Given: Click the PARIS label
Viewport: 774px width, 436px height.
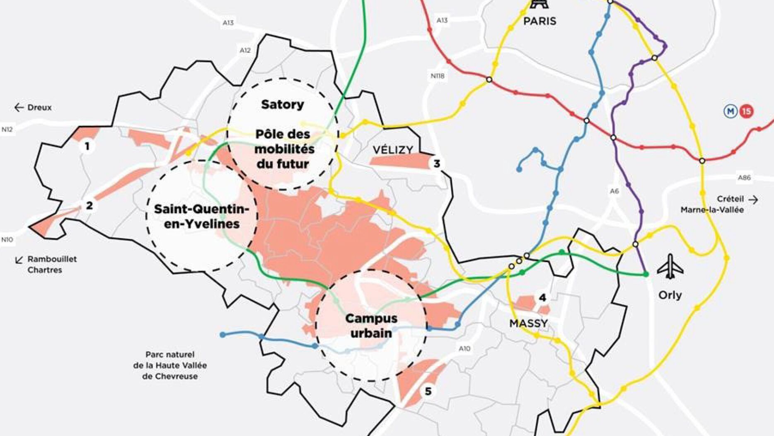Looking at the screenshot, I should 539,21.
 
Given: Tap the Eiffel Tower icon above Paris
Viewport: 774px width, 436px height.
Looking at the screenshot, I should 539,4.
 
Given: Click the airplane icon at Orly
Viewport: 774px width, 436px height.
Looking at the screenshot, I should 670,267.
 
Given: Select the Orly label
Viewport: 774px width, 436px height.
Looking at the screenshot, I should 670,295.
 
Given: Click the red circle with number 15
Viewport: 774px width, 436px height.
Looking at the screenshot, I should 746,111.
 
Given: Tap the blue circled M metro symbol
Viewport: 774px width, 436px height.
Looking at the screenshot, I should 730,111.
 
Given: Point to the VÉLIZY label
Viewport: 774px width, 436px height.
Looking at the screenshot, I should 392,150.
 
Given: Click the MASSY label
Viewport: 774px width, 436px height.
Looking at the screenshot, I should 528,323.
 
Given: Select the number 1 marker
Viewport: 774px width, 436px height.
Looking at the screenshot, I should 87,146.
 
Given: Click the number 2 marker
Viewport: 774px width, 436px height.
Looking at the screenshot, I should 89,205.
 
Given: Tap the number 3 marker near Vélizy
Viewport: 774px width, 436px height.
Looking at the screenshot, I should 436,164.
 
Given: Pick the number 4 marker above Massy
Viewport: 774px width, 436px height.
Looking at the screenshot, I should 542,297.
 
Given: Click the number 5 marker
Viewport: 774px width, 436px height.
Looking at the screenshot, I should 428,391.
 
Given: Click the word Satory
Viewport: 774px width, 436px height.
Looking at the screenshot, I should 282,105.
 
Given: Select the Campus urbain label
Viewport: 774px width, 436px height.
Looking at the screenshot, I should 371,326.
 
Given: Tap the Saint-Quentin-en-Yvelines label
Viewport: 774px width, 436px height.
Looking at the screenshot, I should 202,216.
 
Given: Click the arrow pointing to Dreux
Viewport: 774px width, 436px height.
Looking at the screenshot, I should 19,107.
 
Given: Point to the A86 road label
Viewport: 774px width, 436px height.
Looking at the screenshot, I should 744,178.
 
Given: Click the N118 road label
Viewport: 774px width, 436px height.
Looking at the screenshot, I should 438,76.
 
